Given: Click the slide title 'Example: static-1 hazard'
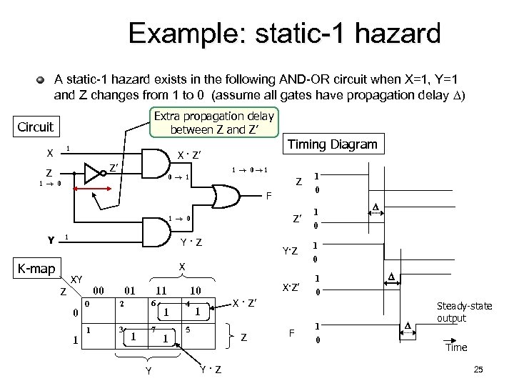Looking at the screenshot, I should (284, 33).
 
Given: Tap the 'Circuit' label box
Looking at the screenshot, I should (34, 127).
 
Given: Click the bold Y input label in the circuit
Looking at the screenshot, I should (50, 239).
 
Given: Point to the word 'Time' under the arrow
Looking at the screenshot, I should (457, 347).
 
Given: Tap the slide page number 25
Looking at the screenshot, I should (478, 369).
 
